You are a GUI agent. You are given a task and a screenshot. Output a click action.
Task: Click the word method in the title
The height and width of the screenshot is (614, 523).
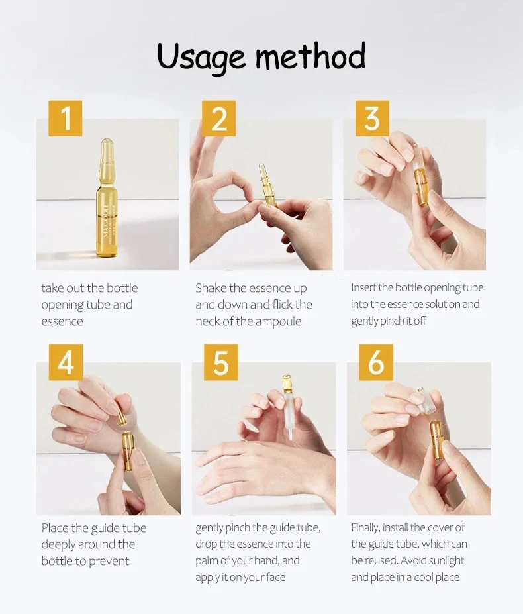pos(310,55)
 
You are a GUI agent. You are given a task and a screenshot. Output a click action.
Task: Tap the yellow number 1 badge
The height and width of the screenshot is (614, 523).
pos(66,119)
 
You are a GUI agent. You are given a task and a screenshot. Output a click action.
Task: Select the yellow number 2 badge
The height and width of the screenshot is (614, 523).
pos(219,119)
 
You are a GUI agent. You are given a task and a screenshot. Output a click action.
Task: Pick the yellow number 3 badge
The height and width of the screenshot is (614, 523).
pos(372,119)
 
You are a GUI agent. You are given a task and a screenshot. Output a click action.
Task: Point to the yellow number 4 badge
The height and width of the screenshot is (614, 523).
pos(66,362)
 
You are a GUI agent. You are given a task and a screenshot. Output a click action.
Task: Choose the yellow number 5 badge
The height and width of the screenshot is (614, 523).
pos(221,362)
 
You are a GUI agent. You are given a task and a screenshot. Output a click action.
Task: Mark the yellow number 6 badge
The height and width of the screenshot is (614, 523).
pos(376,362)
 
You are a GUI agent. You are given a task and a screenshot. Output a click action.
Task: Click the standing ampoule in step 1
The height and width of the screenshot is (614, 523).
pos(107,198)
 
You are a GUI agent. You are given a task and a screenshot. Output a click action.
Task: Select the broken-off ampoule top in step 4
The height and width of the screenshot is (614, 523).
pos(122,415)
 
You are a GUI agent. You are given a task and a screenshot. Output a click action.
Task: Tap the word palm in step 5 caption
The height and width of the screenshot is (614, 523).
pos(207,561)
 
